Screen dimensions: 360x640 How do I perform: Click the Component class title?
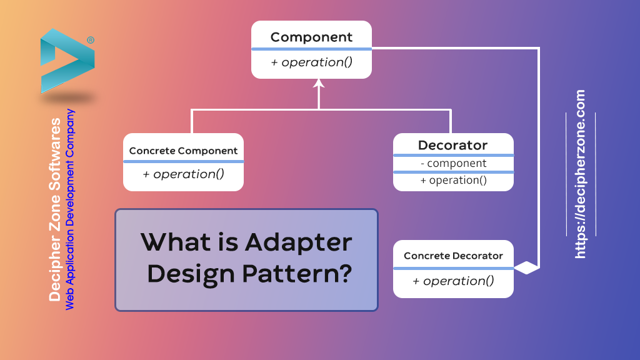[311, 37]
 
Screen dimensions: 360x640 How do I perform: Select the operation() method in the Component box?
[311, 62]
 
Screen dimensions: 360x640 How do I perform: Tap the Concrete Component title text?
[183, 151]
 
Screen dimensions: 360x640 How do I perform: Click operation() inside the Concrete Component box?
[183, 174]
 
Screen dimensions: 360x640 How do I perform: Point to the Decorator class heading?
[452, 145]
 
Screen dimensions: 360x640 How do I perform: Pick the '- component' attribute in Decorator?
[452, 163]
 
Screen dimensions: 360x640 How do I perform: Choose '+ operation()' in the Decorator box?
[452, 180]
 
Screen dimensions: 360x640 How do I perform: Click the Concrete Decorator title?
[453, 256]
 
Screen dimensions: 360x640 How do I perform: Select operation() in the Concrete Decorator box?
[453, 281]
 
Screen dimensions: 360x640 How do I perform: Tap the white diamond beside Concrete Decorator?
[526, 268]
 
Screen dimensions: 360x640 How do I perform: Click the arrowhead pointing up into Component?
[319, 84]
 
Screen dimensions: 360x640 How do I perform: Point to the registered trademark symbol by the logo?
[91, 40]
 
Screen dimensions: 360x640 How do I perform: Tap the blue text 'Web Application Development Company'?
[71, 209]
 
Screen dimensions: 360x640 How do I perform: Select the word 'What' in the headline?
[172, 241]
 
